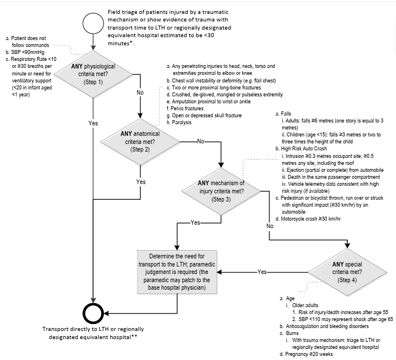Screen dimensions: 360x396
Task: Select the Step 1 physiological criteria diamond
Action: point(93,74)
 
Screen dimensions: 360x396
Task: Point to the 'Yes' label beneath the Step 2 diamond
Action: point(141,182)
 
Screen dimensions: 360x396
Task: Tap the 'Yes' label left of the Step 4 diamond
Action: point(262,271)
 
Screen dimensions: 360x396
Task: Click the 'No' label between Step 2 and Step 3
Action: point(201,141)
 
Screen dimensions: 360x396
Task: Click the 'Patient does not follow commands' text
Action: point(28,41)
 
